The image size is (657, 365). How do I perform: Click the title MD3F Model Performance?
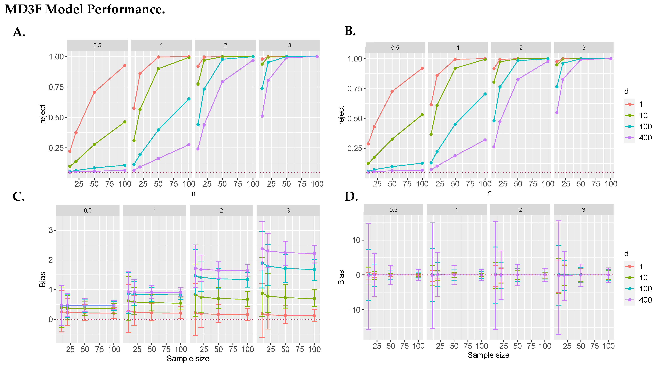pos(85,9)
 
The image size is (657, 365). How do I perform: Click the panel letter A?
pos(19,32)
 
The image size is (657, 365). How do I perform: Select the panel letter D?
pos(351,197)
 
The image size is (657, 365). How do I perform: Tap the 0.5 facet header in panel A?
pos(97,45)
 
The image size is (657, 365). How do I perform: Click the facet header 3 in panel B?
pos(584,48)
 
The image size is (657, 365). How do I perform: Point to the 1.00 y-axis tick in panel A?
pos(56,57)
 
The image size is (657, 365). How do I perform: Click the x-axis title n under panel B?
pos(489,193)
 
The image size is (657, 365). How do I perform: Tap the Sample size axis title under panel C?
pos(188,359)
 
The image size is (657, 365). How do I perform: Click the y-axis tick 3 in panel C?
pos(51,230)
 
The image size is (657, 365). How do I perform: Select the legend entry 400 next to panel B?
pos(645,138)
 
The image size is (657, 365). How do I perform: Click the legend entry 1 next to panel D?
pos(641,267)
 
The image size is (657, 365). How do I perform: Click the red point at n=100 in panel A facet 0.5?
pos(125,66)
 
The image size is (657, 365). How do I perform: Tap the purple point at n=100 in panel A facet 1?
pos(189,145)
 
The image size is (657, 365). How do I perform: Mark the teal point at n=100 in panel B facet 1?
pos(485,94)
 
